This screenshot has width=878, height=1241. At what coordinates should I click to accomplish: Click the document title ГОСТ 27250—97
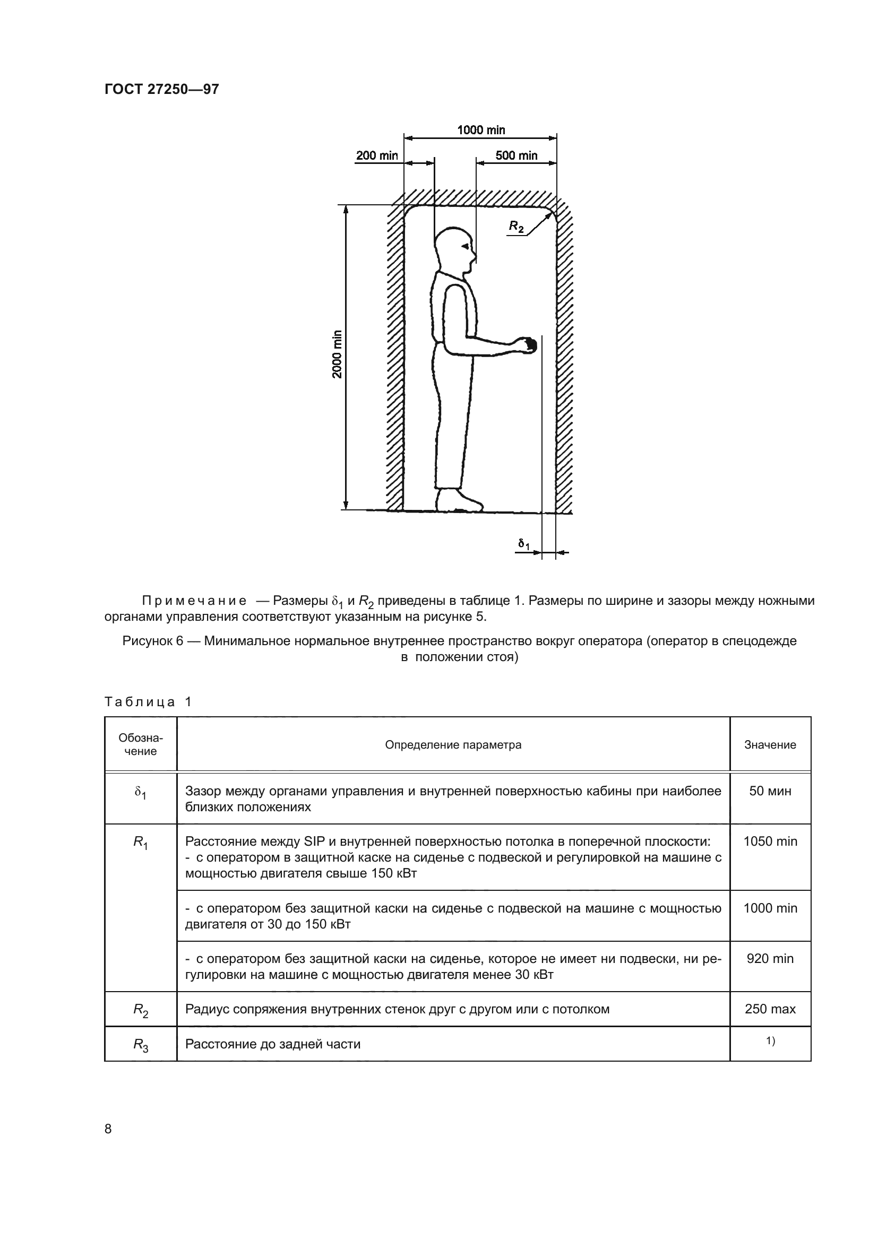point(162,89)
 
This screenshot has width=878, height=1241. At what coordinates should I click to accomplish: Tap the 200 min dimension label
point(377,155)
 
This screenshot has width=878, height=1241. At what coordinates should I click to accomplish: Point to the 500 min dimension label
point(517,155)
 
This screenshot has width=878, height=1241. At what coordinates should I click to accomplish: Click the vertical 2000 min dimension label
point(338,353)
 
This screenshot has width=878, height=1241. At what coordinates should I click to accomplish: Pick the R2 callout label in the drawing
point(517,227)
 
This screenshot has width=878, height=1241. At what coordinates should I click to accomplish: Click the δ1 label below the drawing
point(523,544)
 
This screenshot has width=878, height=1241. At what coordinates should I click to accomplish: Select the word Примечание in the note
point(194,601)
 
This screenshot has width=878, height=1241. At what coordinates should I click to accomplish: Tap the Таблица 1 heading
point(148,702)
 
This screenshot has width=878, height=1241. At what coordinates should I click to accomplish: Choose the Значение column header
point(770,745)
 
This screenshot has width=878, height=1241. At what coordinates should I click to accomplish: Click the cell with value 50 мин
point(770,791)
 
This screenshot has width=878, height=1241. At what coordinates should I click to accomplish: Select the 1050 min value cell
point(770,841)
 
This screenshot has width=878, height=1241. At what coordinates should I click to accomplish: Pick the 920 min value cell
point(770,958)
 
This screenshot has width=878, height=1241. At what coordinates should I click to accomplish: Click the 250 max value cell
point(770,1009)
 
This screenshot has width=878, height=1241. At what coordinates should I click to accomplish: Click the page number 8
point(108,1128)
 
